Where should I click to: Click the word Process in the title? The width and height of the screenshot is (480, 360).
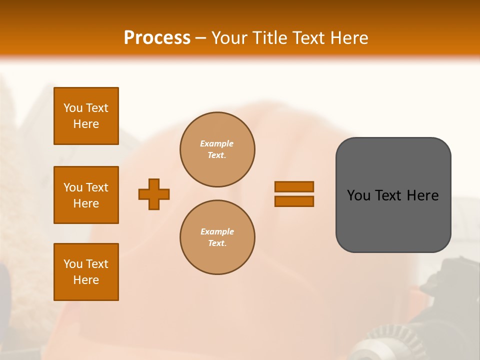(157, 38)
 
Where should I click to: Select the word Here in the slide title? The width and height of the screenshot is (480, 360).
(348, 38)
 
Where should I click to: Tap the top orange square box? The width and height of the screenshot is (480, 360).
(86, 116)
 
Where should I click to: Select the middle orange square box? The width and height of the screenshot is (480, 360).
(86, 195)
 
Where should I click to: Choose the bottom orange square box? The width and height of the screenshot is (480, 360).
(86, 272)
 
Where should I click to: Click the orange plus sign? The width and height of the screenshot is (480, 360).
(154, 194)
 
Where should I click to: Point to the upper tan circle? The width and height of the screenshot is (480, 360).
(217, 149)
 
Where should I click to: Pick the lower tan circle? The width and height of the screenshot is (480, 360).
(217, 237)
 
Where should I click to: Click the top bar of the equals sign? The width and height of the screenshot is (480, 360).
(294, 186)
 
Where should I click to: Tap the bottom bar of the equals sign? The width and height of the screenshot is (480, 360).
(294, 201)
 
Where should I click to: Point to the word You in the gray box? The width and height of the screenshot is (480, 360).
(358, 195)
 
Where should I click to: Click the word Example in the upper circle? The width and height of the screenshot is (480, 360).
(216, 143)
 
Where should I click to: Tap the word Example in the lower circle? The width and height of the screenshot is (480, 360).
(216, 231)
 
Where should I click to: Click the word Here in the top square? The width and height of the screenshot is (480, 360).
(86, 124)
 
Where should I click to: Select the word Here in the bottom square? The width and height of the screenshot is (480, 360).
(86, 280)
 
